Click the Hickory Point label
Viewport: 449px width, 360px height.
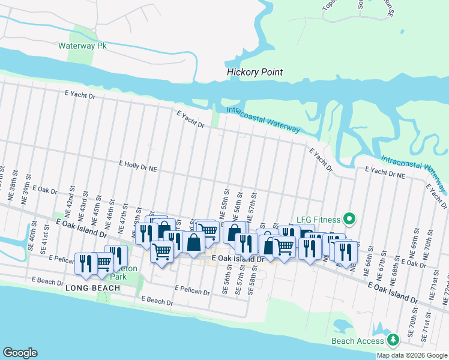point(255,73)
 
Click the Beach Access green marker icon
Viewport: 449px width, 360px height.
point(393,340)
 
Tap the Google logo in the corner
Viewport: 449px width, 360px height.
point(20,353)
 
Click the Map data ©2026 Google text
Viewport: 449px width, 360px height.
point(411,355)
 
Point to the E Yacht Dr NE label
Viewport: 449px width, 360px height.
point(384,174)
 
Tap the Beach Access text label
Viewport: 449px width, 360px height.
point(357,341)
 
